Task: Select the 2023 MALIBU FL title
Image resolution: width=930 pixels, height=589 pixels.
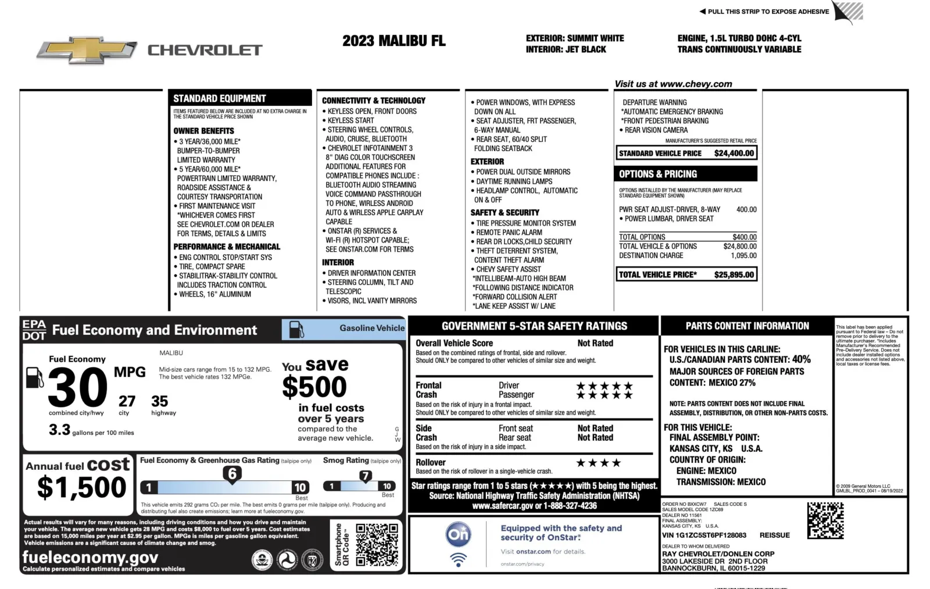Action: point(394,41)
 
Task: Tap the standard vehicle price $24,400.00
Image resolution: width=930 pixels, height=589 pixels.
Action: point(734,154)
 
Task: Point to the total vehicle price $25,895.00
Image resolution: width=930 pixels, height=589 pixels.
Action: point(734,274)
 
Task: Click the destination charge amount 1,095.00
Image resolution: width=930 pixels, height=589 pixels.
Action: point(743,256)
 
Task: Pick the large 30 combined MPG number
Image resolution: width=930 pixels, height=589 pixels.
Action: point(77,388)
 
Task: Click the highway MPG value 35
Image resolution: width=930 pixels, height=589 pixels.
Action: point(159,401)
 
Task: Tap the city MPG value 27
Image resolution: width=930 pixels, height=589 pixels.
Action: point(127,401)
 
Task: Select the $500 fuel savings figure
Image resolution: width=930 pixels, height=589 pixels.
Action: point(314,387)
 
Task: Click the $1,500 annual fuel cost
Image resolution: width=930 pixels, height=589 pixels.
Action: point(81,487)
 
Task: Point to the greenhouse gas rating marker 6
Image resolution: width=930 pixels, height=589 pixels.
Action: point(232,474)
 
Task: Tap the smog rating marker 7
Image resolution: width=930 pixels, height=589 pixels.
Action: point(365,476)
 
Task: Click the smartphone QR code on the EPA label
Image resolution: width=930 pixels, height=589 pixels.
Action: point(377,545)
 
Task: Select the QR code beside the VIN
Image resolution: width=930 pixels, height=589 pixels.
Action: point(825,520)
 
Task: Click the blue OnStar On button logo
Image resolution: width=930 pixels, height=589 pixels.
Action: point(458,534)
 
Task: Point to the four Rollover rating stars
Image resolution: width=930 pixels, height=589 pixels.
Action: point(598,463)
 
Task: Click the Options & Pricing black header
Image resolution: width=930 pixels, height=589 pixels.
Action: point(686,174)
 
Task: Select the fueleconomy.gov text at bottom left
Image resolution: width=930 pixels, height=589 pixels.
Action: point(90,558)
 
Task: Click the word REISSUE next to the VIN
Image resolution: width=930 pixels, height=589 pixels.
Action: point(774,536)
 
